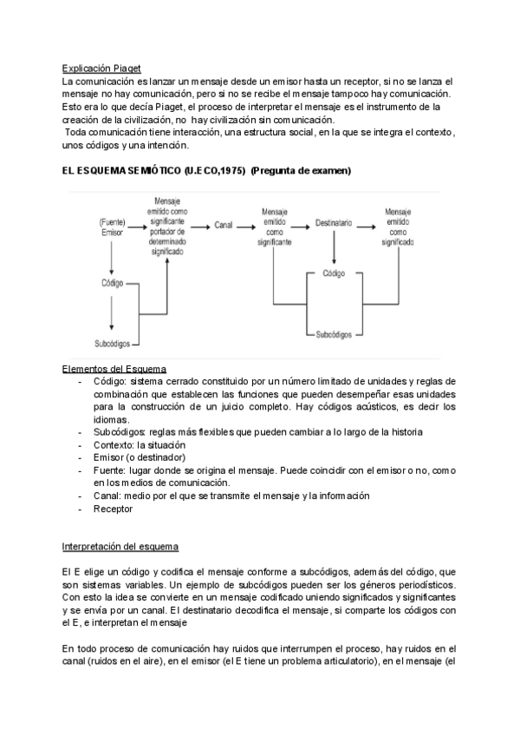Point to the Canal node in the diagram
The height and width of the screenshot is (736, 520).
(x=224, y=225)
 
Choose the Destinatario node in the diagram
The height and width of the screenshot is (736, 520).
(x=334, y=224)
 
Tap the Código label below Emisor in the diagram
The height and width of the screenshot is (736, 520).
(x=113, y=283)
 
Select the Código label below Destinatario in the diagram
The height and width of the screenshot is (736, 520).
(x=334, y=273)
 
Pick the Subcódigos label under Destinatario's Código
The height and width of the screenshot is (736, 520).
(x=334, y=333)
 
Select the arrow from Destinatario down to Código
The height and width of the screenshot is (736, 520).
(x=334, y=248)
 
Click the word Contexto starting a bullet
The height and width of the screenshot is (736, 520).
(x=114, y=444)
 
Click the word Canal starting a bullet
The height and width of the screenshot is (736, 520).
(x=107, y=496)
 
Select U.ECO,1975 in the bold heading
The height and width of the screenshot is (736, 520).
(x=211, y=171)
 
